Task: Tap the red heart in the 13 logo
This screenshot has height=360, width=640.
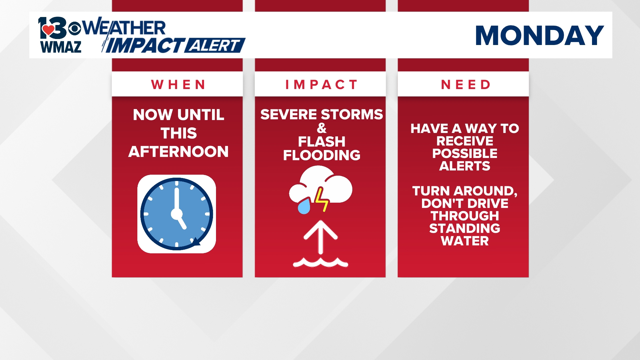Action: click(48, 30)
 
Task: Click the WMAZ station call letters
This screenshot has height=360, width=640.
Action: click(61, 47)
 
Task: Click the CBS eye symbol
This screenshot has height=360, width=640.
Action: click(75, 29)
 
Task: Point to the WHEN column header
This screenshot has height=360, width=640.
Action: click(178, 85)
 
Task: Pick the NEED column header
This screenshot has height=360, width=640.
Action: click(466, 85)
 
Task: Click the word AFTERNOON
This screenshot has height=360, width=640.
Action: click(178, 152)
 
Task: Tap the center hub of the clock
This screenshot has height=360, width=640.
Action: click(177, 214)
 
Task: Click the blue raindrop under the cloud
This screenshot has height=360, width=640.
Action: click(304, 207)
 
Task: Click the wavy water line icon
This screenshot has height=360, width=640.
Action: click(320, 263)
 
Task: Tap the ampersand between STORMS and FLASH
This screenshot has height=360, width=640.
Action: click(321, 128)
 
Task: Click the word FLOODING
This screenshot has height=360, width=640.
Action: click(321, 155)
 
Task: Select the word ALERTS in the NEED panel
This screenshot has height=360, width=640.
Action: click(465, 166)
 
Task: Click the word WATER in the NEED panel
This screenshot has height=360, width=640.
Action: click(465, 241)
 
